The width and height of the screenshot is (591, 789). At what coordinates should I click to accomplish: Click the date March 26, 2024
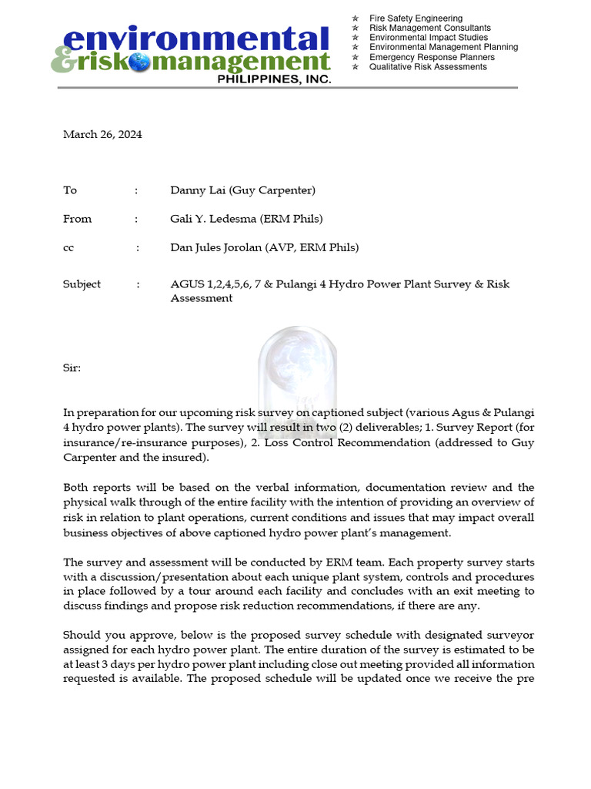coord(102,134)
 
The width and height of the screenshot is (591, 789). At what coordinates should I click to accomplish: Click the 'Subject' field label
coord(82,284)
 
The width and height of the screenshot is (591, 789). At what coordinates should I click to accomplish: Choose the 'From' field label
coord(77,219)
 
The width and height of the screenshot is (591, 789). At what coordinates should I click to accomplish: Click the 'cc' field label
coord(68,247)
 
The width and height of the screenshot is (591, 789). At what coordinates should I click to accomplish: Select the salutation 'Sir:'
coord(72,368)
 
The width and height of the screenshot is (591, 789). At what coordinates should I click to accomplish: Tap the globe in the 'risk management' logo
coord(140,63)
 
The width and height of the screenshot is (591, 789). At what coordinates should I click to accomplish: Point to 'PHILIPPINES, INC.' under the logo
coord(274,79)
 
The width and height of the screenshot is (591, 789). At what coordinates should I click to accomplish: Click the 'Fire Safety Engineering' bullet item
coord(416,18)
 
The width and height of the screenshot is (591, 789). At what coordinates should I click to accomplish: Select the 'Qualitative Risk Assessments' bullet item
coord(428,67)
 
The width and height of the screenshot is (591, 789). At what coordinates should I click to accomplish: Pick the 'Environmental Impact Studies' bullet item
coord(429,38)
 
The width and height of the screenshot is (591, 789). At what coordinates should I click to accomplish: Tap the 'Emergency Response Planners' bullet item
coord(432,57)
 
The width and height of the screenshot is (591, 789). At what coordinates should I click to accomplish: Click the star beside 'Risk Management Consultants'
coord(356,28)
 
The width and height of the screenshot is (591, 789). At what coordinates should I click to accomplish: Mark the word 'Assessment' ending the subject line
coord(201,298)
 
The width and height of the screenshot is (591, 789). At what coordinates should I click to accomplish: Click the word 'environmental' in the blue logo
coord(195,40)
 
